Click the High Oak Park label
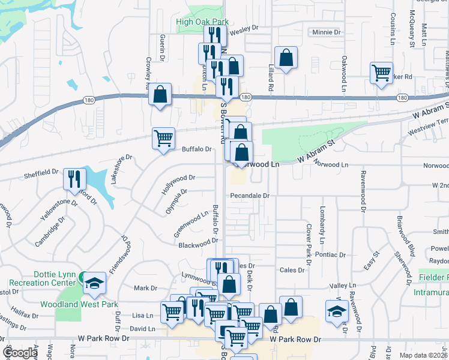pos(203,22)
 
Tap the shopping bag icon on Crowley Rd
pos(160,95)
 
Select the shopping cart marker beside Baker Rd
pos(382,73)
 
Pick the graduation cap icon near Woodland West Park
pos(94,282)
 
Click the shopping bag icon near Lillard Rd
pos(286,58)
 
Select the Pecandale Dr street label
pos(250,196)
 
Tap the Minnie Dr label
pos(326,32)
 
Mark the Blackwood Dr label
pos(197,243)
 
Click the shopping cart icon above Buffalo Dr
pos(163,138)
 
